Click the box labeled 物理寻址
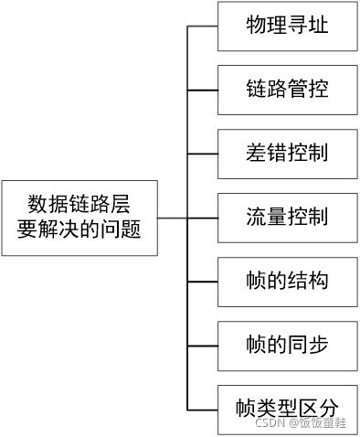click(287, 27)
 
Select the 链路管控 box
click(287, 90)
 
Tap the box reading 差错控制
click(287, 154)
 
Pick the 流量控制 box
click(287, 218)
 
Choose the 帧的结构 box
click(287, 281)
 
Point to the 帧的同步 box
click(287, 345)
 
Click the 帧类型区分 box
click(287, 408)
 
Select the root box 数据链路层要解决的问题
click(79, 218)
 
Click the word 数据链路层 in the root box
click(79, 204)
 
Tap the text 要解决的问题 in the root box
click(79, 230)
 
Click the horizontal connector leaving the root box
click(172, 218)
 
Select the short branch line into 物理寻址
click(202, 27)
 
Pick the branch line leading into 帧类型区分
click(202, 408)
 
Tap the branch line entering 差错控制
click(202, 154)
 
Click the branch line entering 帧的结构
click(202, 281)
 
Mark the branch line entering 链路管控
click(202, 90)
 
